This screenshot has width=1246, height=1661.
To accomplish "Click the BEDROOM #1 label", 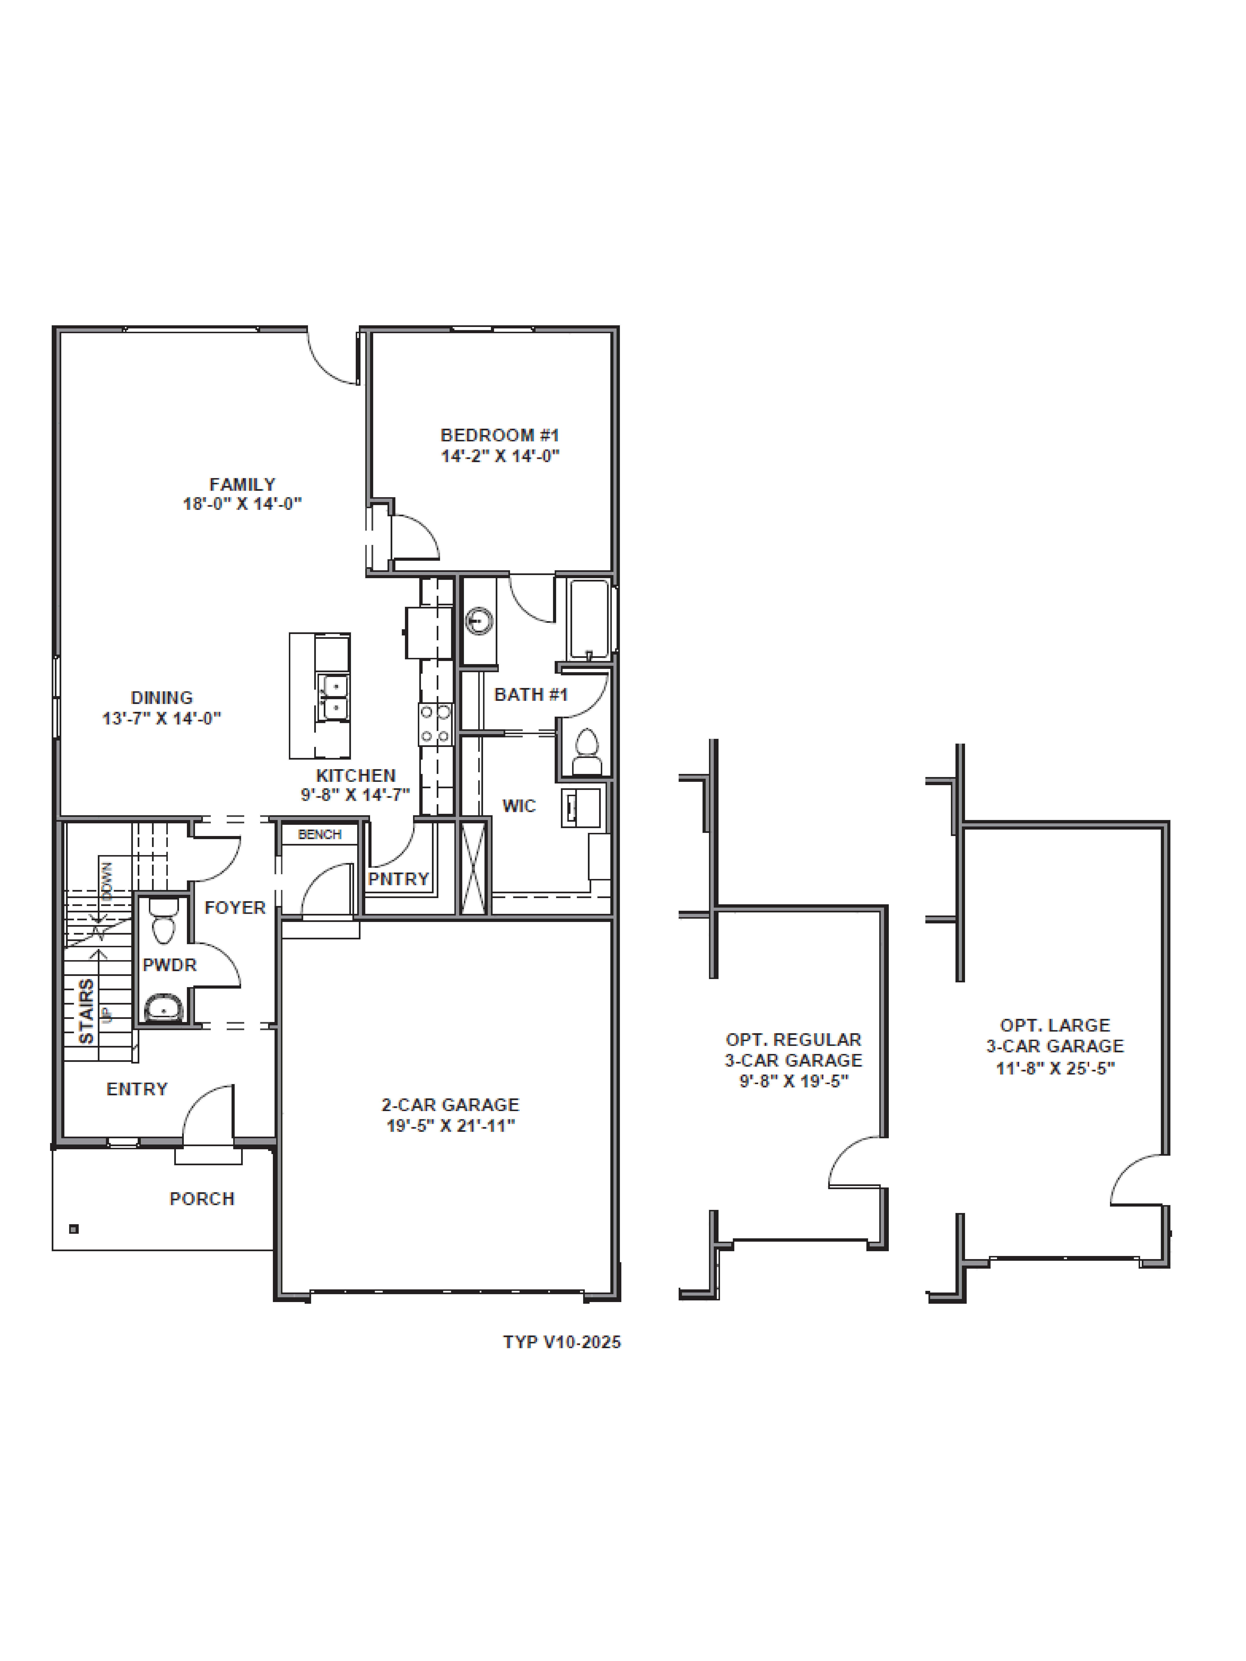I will pyautogui.click(x=499, y=435).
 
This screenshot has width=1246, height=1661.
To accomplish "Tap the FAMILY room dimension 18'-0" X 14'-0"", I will pyautogui.click(x=242, y=504).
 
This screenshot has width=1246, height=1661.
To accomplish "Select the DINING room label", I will pyautogui.click(x=162, y=698).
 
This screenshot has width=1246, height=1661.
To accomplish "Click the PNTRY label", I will pyautogui.click(x=398, y=879).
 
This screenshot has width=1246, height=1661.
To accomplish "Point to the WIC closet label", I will pyautogui.click(x=519, y=806).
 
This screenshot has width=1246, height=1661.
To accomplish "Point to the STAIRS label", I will pyautogui.click(x=86, y=1010).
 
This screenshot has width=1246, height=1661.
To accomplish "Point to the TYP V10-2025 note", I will pyautogui.click(x=562, y=1342).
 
